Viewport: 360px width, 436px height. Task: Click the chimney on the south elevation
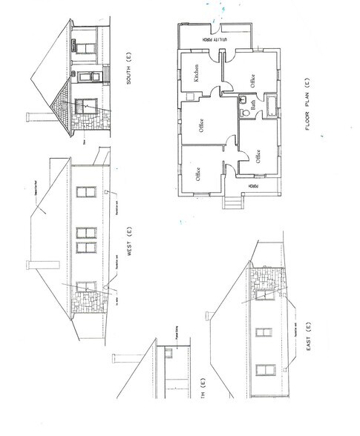click(x=32, y=116)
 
